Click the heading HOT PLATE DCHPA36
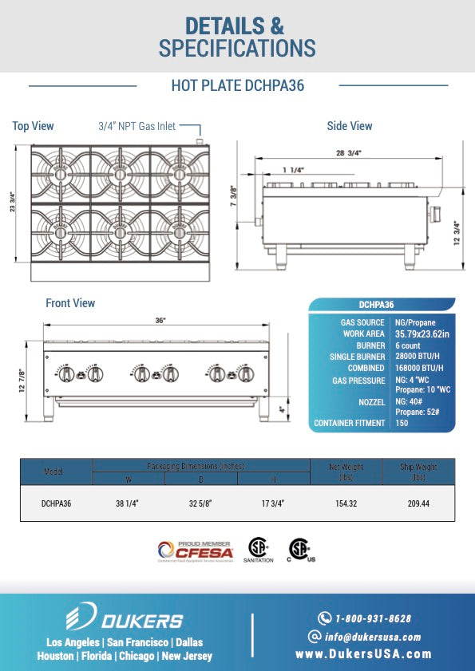point(237,85)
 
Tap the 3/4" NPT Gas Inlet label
point(137,126)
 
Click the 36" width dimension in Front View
point(160,320)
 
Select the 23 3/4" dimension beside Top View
point(12,202)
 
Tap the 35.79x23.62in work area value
point(422,334)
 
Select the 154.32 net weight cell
point(346,504)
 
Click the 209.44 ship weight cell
point(418,504)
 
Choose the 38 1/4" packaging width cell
point(129,504)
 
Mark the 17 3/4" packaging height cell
point(273,504)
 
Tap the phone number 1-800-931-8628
point(374,618)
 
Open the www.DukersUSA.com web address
point(363,654)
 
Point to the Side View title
point(350,126)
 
